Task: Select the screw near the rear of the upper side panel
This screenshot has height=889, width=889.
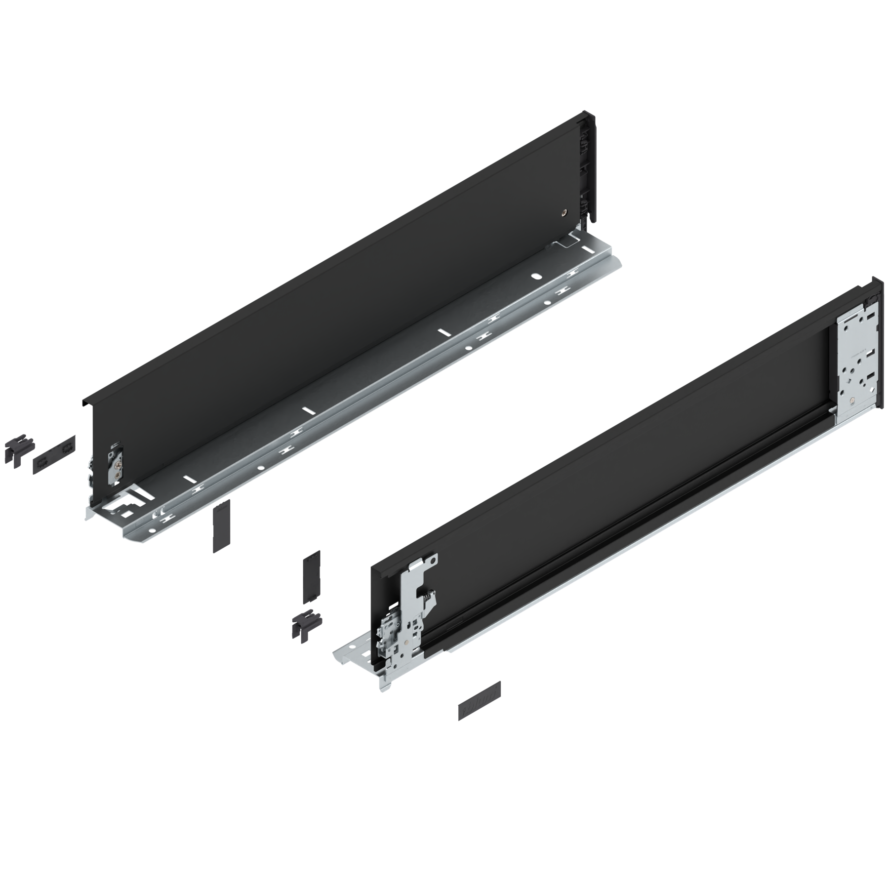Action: (564, 214)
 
